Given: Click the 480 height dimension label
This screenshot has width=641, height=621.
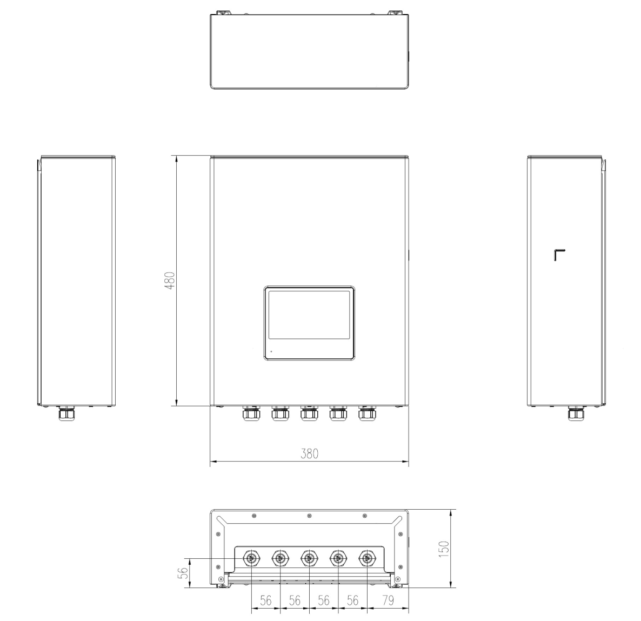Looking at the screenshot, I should (170, 281).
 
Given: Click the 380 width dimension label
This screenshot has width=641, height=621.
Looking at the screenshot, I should (309, 454).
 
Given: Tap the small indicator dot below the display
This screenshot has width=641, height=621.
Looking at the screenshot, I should (271, 351).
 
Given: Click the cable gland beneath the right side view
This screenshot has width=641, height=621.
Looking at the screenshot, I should (575, 415).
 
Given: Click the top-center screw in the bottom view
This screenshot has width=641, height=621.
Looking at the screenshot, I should (309, 516).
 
